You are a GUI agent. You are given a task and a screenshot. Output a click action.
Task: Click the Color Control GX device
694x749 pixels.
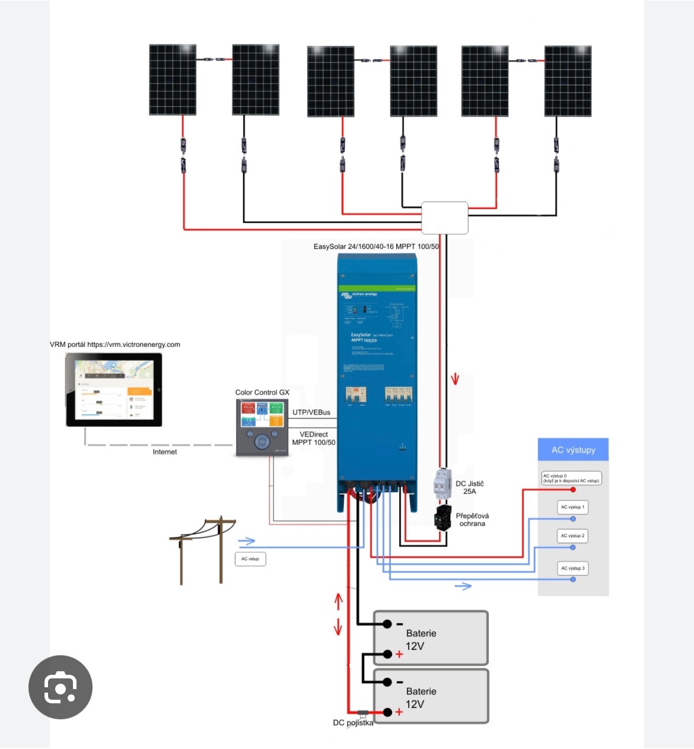[262, 428]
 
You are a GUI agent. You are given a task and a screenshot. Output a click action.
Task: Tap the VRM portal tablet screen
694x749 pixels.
[114, 390]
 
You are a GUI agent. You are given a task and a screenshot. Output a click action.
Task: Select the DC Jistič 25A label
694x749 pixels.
[469, 487]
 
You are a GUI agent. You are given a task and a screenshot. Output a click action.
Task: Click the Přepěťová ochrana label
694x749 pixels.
[472, 519]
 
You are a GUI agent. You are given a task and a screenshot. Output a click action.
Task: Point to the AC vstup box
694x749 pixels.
[250, 559]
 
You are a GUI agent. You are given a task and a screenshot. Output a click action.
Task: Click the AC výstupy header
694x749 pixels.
[573, 450]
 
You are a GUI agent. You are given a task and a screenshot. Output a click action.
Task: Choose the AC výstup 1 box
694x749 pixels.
[572, 507]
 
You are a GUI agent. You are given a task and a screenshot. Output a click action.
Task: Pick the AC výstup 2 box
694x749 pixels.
[572, 536]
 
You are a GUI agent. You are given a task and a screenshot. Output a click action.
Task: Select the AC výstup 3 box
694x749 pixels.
[572, 568]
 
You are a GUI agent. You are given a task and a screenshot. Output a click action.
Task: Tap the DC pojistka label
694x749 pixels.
[353, 723]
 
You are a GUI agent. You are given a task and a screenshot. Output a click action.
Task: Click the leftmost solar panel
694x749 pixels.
[173, 79]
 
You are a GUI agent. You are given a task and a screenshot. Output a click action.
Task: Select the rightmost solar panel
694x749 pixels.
[568, 81]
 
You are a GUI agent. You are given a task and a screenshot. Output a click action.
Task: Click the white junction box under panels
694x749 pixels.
[444, 218]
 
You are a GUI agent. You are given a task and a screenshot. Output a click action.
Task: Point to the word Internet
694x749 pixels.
[165, 452]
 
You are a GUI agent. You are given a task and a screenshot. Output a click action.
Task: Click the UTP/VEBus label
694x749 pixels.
[311, 412]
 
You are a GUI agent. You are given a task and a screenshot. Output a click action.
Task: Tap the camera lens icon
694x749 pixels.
[61, 687]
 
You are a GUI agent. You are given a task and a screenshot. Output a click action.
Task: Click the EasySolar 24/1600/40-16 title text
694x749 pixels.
[376, 246]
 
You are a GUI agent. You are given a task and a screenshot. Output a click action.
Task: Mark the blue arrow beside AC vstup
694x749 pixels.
[246, 541]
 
